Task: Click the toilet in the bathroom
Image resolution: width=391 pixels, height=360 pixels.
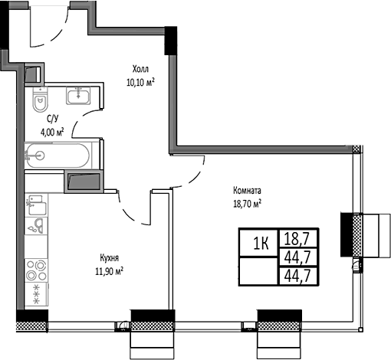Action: [x=41, y=101]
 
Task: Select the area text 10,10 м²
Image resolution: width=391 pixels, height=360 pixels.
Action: [x=140, y=81]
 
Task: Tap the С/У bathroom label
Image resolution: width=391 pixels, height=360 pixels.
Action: [x=52, y=119]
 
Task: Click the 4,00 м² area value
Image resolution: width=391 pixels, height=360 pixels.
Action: [x=52, y=131]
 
